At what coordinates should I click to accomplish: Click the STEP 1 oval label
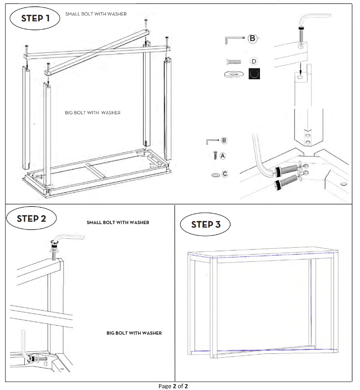pos(35,18)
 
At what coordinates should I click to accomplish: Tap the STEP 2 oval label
pos(31,219)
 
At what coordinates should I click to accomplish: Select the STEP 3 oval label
pos(206,224)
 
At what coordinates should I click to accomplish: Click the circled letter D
pos(254,61)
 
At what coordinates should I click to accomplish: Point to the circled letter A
pos(223,156)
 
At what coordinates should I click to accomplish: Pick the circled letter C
pos(225,174)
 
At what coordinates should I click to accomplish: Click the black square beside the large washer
pos(255,74)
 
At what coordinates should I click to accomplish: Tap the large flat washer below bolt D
pos(234,74)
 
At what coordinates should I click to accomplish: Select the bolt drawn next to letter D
pos(234,61)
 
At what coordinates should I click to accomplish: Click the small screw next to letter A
pos(215,156)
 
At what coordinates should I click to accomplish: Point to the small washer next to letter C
pos(215,175)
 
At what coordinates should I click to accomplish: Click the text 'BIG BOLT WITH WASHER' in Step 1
pos(93,112)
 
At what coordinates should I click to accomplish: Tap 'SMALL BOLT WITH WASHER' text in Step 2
pos(118,223)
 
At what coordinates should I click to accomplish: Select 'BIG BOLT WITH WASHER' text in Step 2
pos(134,333)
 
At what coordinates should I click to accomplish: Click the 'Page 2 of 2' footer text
pos(173,386)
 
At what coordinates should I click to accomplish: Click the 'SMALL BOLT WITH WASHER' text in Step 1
pos(96,14)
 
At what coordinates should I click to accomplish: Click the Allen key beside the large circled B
pos(235,40)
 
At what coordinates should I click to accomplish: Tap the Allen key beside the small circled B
pos(212,142)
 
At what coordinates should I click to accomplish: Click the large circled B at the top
pos(253,38)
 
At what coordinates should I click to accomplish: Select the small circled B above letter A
pos(224,141)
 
